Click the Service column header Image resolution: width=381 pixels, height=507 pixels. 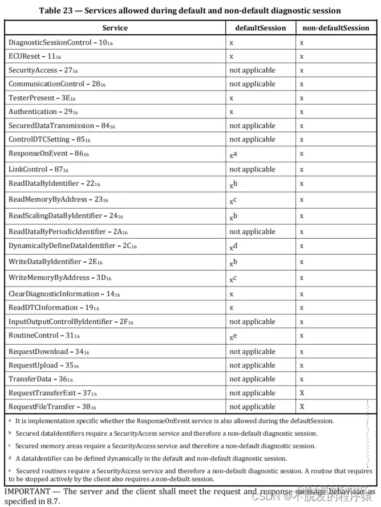click(115, 28)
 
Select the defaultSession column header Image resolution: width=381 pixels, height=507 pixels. click(260, 28)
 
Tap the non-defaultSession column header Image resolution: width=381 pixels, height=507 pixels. click(335, 28)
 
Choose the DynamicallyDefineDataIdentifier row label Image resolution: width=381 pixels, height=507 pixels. click(72, 246)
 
